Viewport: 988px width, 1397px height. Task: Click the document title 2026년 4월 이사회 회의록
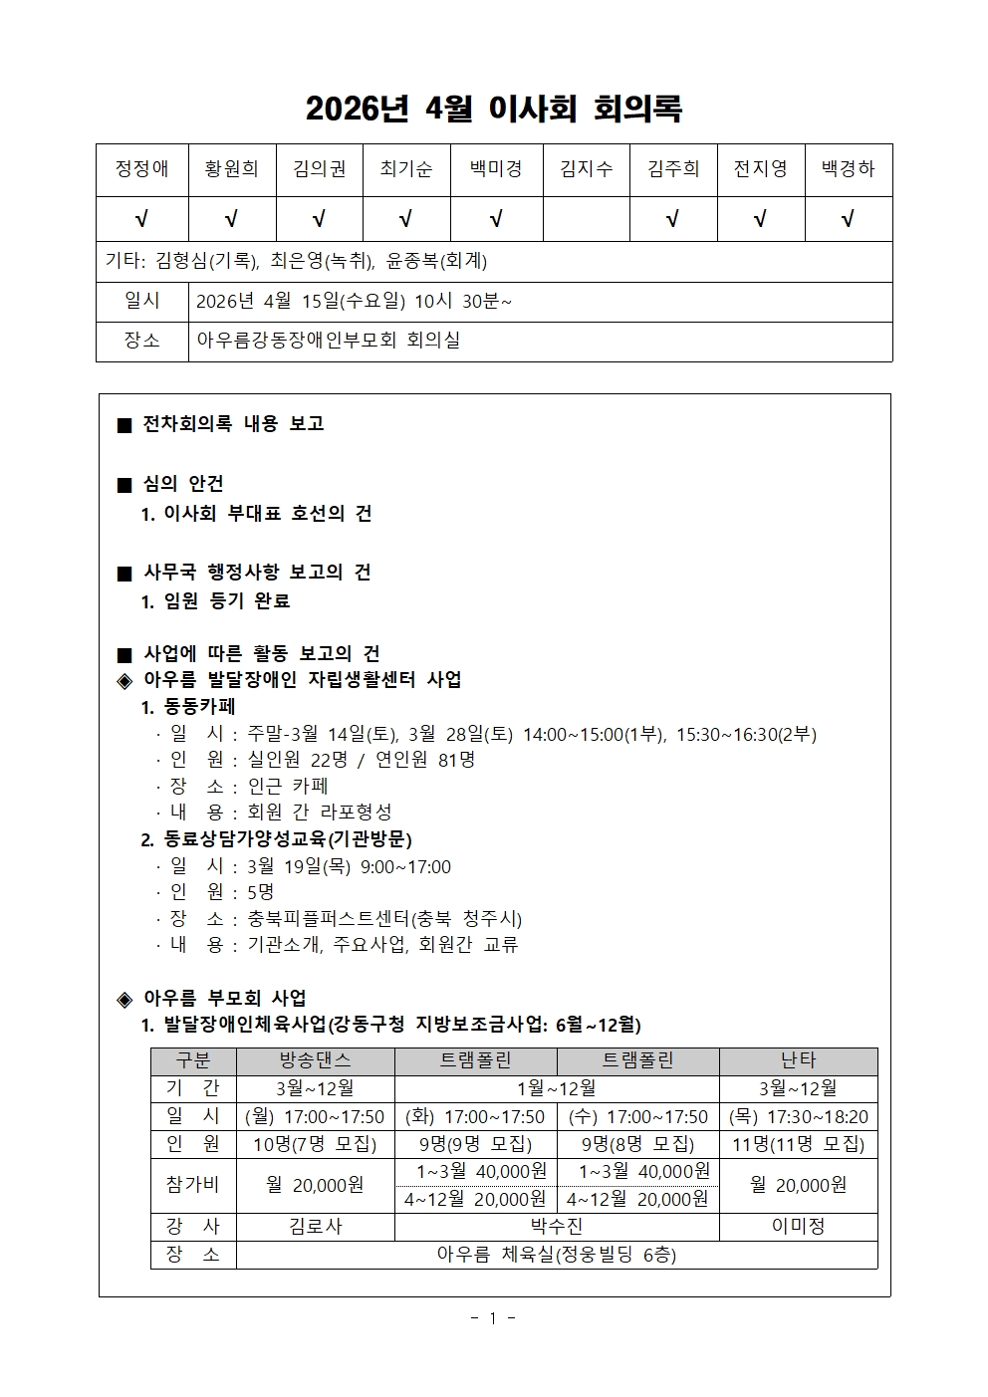tap(494, 109)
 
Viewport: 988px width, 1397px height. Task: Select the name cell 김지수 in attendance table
tap(586, 169)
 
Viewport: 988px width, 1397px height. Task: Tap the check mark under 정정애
tap(141, 219)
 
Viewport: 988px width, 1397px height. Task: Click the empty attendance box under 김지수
tap(586, 219)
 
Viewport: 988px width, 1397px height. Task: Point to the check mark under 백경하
tap(848, 219)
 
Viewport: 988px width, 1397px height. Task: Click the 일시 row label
tap(141, 301)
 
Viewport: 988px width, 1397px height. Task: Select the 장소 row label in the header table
tap(141, 341)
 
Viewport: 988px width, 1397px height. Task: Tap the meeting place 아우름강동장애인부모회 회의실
tap(329, 341)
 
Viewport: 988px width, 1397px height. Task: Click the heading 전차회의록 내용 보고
tap(233, 424)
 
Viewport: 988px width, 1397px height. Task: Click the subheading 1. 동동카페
tap(188, 707)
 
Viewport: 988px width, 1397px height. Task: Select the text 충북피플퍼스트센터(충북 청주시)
tap(384, 918)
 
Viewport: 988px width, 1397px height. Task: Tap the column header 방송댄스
tap(315, 1061)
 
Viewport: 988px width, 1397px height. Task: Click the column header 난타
tap(798, 1061)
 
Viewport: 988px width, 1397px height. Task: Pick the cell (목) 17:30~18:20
tap(798, 1117)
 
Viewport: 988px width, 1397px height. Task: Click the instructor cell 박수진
tap(557, 1227)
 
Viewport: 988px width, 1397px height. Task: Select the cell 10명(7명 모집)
tap(315, 1144)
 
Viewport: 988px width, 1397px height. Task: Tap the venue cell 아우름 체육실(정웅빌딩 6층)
tap(557, 1255)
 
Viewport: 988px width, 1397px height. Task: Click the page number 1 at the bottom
tap(492, 1319)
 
